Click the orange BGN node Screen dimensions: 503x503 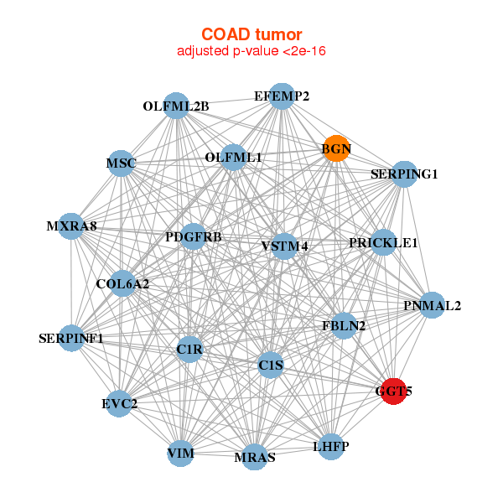(336, 148)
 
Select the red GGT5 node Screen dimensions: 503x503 (394, 391)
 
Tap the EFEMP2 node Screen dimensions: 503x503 (282, 96)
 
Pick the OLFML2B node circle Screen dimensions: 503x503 (176, 106)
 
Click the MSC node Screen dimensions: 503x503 (121, 163)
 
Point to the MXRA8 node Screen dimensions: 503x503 (71, 226)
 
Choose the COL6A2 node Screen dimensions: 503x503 (123, 283)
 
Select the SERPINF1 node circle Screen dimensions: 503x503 (71, 338)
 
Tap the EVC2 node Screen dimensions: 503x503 (119, 403)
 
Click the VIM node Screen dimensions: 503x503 (180, 454)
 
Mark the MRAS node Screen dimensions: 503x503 (254, 457)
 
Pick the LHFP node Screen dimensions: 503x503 (331, 447)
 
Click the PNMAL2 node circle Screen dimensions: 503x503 (432, 305)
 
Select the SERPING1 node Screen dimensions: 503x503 (405, 174)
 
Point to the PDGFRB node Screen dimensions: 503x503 (193, 236)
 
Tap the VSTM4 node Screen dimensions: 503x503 (284, 246)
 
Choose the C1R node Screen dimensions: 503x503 (189, 350)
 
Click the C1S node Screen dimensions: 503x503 (271, 365)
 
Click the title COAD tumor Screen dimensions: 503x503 (251, 34)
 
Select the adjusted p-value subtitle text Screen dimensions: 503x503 (251, 51)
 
